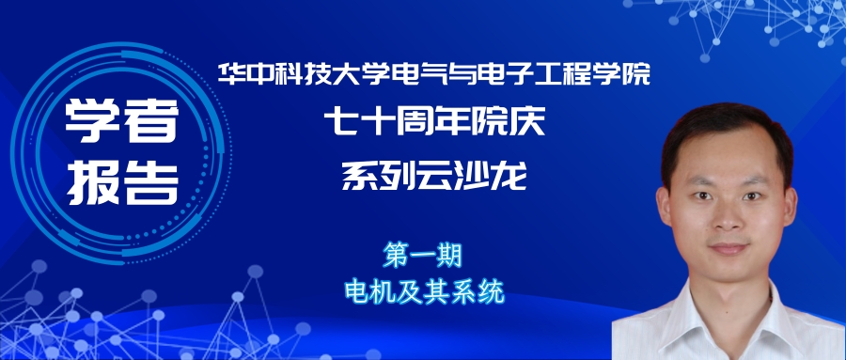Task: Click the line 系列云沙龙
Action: pos(432,175)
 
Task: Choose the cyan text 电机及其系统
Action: pos(425,291)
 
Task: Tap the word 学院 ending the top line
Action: pos(622,73)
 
